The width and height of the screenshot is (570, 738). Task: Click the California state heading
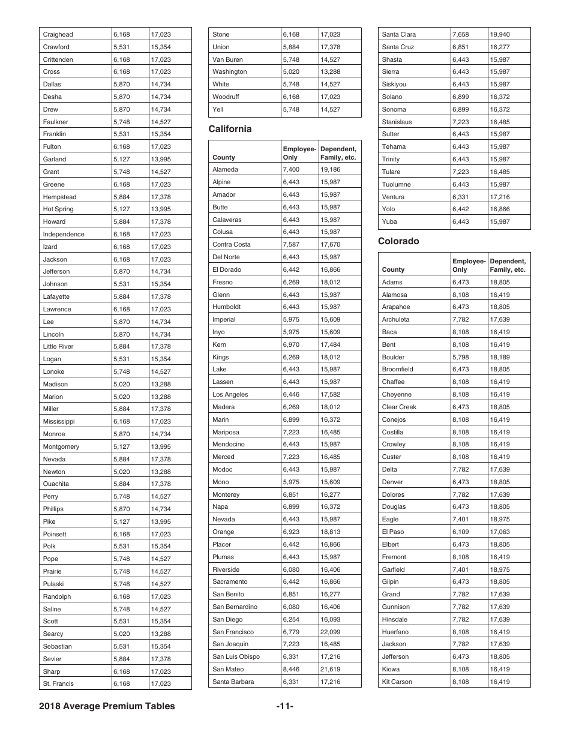230,129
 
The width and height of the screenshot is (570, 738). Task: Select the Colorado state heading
398,241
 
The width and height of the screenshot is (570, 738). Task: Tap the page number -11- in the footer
285,706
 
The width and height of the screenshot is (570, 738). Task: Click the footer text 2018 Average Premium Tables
107,706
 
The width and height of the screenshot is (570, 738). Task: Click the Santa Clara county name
398,34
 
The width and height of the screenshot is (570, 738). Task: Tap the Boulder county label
393,357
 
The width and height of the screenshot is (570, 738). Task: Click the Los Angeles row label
230,394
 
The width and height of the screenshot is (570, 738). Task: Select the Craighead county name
58,34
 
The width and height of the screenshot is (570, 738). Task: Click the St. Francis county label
58,683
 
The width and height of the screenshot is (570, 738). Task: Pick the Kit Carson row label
397,682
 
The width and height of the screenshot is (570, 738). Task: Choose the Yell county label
218,109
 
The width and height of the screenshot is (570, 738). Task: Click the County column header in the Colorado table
393,269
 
